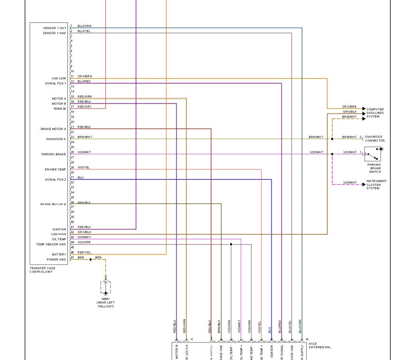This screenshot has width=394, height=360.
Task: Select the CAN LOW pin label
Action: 59,78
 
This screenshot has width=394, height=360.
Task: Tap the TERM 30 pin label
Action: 60,109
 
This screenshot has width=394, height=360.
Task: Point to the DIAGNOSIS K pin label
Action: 56,139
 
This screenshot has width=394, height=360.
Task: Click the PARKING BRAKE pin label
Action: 54,154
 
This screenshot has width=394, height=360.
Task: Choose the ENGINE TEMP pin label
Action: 56,170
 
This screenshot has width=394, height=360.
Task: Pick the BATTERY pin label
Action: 59,255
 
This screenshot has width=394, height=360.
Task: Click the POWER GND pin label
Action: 56,260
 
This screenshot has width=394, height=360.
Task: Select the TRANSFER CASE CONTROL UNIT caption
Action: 42,270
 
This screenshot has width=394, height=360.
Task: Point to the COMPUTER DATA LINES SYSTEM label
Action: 375,113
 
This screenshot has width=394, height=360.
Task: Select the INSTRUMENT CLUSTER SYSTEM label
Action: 376,185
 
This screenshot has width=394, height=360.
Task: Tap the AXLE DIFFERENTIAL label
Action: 319,345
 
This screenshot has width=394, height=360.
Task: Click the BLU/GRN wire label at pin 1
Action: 84,26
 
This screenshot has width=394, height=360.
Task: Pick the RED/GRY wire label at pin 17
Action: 84,106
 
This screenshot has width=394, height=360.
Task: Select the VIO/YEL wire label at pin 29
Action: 84,167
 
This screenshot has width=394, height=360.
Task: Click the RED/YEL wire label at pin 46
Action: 84,252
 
